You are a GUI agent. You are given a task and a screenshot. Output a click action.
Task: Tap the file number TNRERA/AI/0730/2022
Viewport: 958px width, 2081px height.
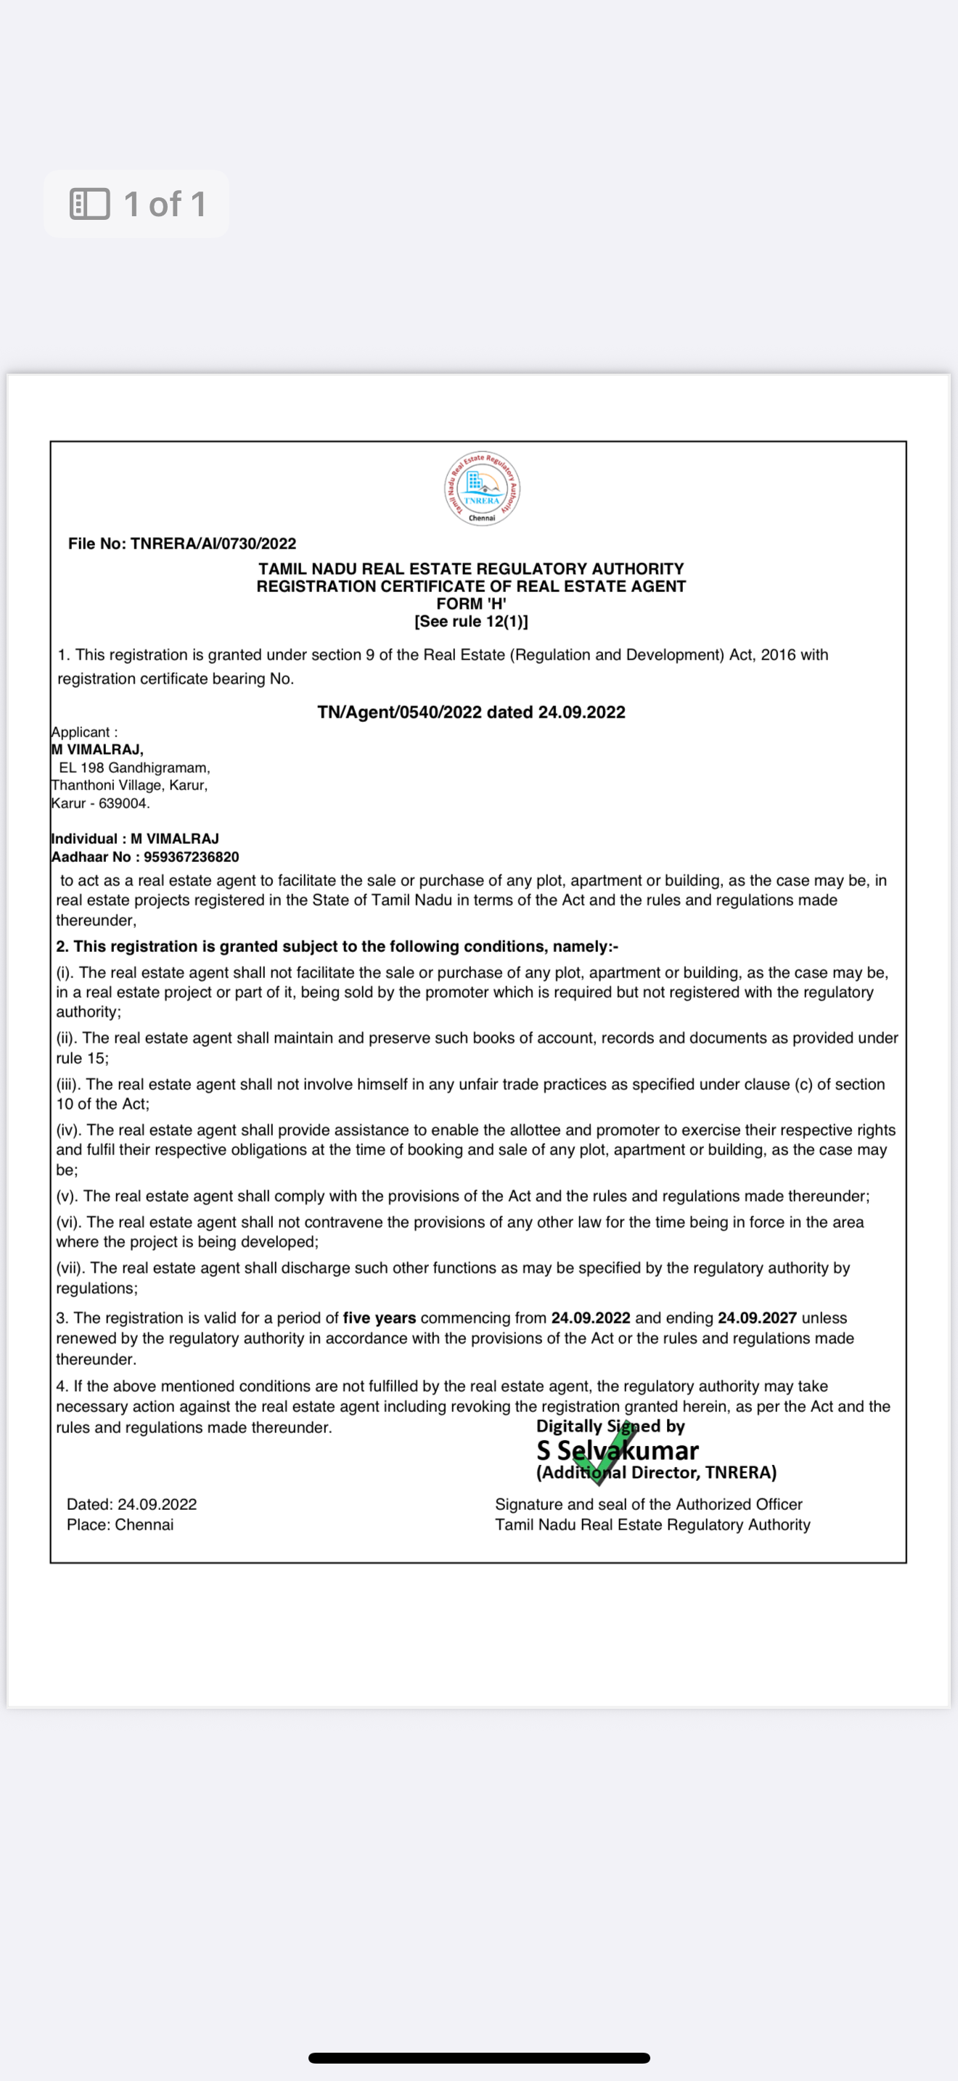click(x=213, y=543)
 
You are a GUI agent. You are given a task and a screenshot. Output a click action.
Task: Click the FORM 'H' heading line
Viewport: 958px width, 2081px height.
click(x=471, y=604)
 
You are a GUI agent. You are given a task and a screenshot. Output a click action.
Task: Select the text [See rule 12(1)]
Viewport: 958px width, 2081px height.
click(x=471, y=621)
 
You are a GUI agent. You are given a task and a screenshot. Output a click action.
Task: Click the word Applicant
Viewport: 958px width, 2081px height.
click(x=81, y=732)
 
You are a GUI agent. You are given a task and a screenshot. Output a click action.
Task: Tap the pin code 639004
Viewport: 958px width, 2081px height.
click(x=123, y=803)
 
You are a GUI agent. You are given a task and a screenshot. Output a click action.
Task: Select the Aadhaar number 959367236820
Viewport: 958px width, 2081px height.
click(x=192, y=856)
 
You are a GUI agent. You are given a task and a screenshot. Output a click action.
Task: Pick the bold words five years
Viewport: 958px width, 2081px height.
click(x=379, y=1318)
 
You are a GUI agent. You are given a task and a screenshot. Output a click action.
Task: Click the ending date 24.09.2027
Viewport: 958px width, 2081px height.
click(x=757, y=1318)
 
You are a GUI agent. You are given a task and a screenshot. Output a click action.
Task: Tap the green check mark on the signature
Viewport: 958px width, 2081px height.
click(x=608, y=1453)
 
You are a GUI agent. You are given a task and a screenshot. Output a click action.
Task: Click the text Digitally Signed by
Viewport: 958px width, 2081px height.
click(x=610, y=1427)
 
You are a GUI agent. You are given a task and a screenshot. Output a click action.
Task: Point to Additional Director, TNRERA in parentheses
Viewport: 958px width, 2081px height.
click(x=656, y=1473)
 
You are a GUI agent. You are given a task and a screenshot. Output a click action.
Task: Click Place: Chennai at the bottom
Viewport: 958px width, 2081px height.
click(x=120, y=1524)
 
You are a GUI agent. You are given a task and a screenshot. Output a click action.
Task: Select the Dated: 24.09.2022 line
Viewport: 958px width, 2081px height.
click(x=131, y=1504)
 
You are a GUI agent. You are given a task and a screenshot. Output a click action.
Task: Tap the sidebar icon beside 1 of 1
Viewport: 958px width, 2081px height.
click(x=90, y=204)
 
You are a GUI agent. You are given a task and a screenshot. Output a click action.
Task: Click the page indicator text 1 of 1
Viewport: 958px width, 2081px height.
click(x=165, y=204)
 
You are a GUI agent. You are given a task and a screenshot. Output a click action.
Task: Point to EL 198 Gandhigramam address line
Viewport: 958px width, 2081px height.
click(x=134, y=768)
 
